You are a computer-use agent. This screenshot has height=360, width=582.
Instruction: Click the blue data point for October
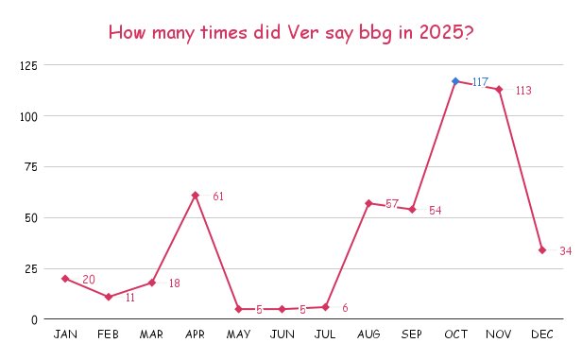[455, 81]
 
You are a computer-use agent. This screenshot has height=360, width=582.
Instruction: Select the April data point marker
[195, 196]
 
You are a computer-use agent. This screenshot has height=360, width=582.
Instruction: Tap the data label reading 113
[523, 91]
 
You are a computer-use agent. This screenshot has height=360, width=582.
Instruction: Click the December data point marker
[542, 250]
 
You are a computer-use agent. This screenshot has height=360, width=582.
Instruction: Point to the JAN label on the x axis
[65, 334]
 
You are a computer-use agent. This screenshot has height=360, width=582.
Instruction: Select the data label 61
[218, 197]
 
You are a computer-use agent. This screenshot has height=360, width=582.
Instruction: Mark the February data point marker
[109, 297]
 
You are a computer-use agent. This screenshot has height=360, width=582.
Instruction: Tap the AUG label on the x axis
[368, 334]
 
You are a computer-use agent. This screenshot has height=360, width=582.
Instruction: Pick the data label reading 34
[565, 251]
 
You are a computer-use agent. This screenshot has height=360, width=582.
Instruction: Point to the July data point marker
[325, 307]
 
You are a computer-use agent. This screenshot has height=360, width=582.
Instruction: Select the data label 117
[480, 82]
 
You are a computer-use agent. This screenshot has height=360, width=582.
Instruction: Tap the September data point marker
[412, 209]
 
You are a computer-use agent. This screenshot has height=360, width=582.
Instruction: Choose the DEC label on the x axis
[542, 334]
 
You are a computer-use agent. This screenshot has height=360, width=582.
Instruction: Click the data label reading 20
[89, 280]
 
